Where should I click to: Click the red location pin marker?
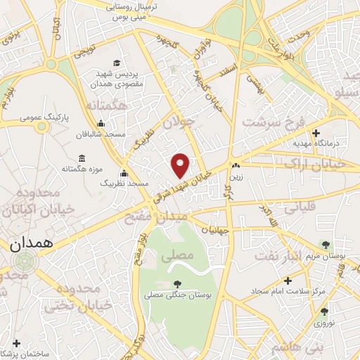pyautogui.click(x=181, y=165)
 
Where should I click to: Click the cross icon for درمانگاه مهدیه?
pyautogui.click(x=316, y=133)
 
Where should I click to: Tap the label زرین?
pyautogui.click(x=236, y=176)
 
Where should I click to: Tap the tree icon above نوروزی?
pyautogui.click(x=323, y=311)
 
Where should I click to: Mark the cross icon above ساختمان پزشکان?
pyautogui.click(x=15, y=344)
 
